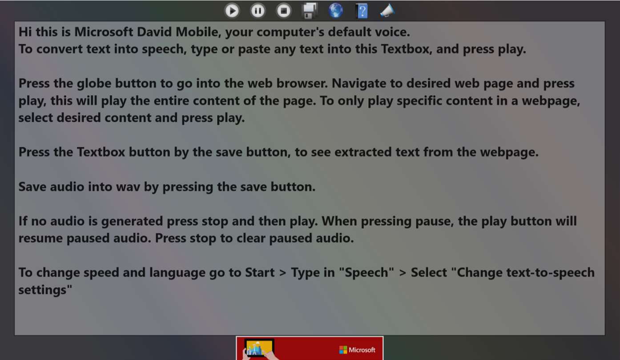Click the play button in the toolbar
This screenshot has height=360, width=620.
coord(232,11)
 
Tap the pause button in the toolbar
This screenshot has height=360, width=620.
coord(258,11)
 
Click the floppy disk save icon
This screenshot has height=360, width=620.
coord(310,11)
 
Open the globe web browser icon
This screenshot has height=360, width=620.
coord(336,11)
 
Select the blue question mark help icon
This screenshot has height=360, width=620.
coord(362,11)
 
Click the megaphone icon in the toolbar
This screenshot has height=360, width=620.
coord(387,11)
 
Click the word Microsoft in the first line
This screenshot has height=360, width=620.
coord(104,32)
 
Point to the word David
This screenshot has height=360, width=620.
coord(154,32)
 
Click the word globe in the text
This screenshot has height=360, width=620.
coord(94,84)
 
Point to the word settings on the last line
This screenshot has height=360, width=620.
coord(45,290)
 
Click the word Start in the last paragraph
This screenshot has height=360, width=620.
coord(260,272)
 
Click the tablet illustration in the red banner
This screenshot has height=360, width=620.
coord(259,348)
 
